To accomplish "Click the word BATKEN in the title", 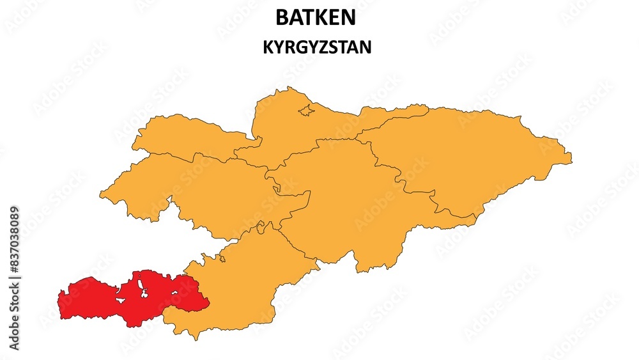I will (315, 18).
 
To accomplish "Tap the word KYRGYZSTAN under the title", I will (317, 48).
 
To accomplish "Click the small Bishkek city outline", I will (307, 111).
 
